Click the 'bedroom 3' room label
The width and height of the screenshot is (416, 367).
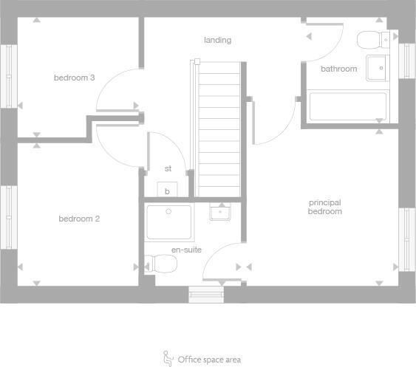pyautogui.click(x=74, y=77)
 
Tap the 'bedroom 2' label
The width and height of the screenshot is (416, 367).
pyautogui.click(x=79, y=219)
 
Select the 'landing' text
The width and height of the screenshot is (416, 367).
pyautogui.click(x=217, y=40)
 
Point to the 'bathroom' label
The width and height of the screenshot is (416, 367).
pyautogui.click(x=338, y=69)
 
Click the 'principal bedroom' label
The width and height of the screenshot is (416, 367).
pyautogui.click(x=325, y=207)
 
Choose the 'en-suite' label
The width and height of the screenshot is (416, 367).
pyautogui.click(x=186, y=250)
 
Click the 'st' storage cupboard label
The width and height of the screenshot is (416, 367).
pyautogui.click(x=168, y=168)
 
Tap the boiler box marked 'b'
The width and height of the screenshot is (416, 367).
pyautogui.click(x=167, y=191)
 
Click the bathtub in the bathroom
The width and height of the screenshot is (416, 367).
pyautogui.click(x=347, y=107)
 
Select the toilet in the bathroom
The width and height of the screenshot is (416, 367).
pyautogui.click(x=372, y=39)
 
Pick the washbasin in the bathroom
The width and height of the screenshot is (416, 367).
pyautogui.click(x=377, y=67)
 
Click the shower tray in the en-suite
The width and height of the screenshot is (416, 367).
pyautogui.click(x=169, y=222)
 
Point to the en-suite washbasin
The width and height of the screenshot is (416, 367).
pyautogui.click(x=220, y=213)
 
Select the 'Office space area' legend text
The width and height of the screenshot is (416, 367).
pyautogui.click(x=209, y=360)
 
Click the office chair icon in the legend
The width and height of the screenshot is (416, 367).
pyautogui.click(x=168, y=358)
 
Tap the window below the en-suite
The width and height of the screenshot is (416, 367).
pyautogui.click(x=206, y=295)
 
